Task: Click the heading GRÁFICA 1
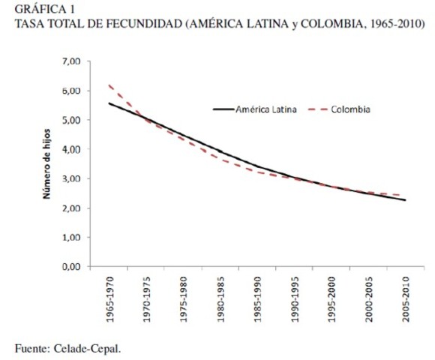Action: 34,8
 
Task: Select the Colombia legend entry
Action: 350,109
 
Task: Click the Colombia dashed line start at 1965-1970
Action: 109,85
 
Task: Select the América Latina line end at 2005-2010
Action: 405,199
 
